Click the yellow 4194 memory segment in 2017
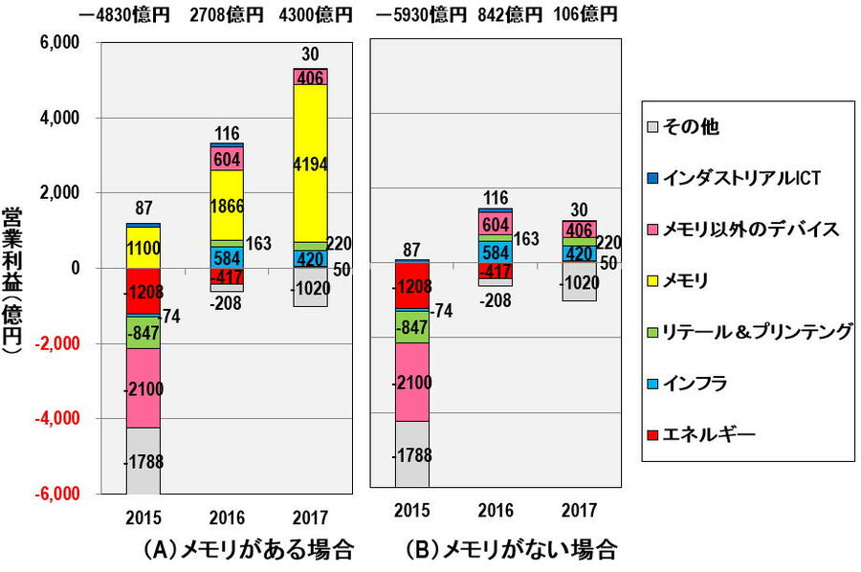pyautogui.click(x=311, y=163)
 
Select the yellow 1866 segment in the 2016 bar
pyautogui.click(x=228, y=205)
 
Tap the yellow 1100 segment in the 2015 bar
pyautogui.click(x=143, y=247)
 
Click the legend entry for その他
pyautogui.click(x=709, y=125)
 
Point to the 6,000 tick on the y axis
pyautogui.click(x=61, y=43)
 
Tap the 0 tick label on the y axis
pyautogui.click(x=74, y=269)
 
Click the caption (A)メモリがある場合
pyautogui.click(x=248, y=550)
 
